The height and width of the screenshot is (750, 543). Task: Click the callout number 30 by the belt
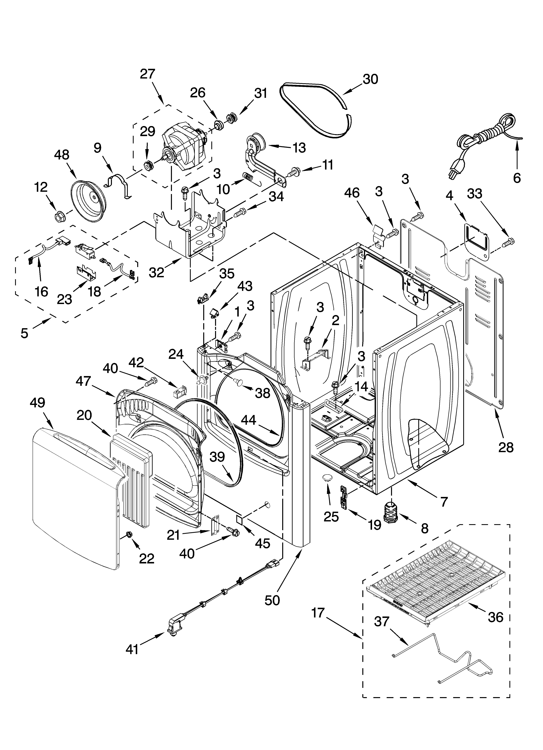370,79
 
